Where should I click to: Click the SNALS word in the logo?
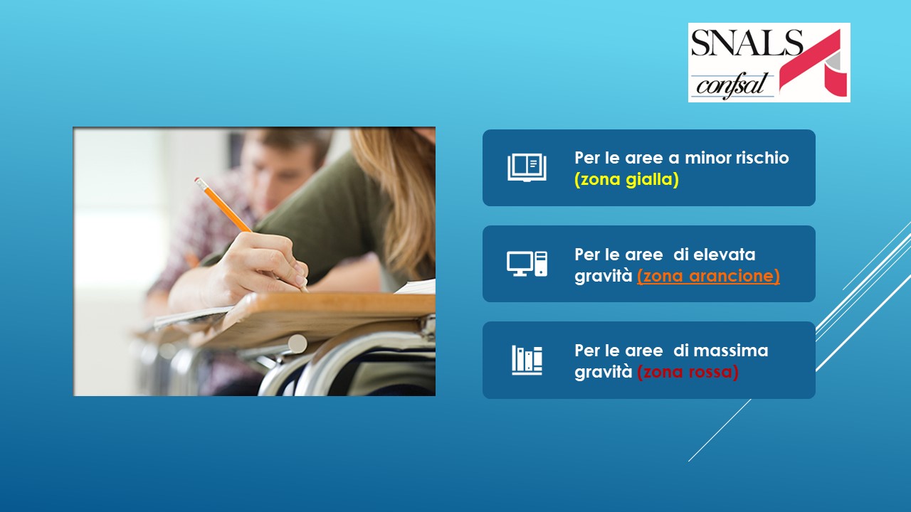tap(747, 42)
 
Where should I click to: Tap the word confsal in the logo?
tap(731, 86)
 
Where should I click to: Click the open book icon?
tap(527, 167)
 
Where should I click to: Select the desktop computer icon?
tap(527, 264)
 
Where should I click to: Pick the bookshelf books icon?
tap(527, 360)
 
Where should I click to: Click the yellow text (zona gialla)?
tap(626, 179)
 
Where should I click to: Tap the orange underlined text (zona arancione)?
tap(708, 276)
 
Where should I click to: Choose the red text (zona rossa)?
tap(688, 372)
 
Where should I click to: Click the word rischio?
tap(762, 158)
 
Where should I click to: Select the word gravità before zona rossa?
tap(604, 372)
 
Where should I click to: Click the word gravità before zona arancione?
tap(604, 276)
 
